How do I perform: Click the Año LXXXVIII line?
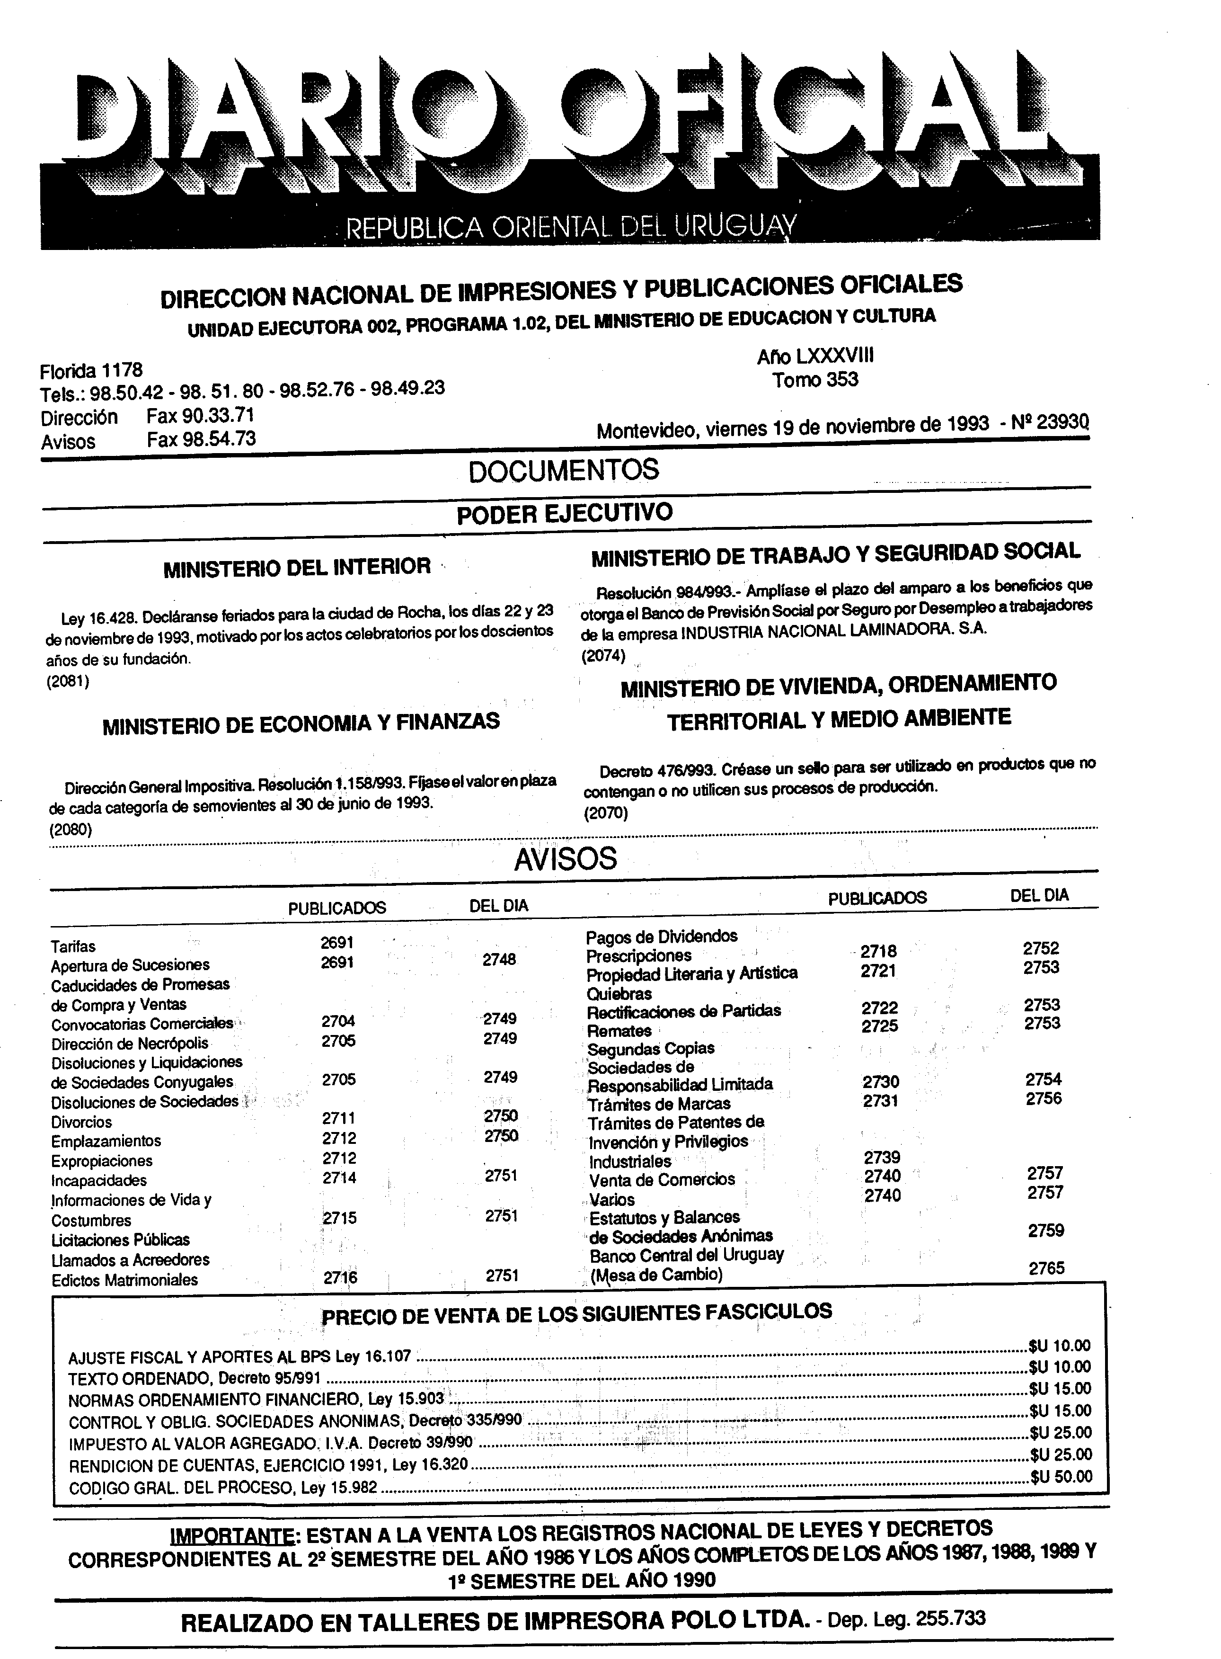815,357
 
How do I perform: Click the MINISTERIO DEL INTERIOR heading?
297,567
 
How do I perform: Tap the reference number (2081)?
68,682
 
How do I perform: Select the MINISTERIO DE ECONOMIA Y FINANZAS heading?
301,723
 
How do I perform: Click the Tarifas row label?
73,946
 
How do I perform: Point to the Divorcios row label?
81,1122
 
